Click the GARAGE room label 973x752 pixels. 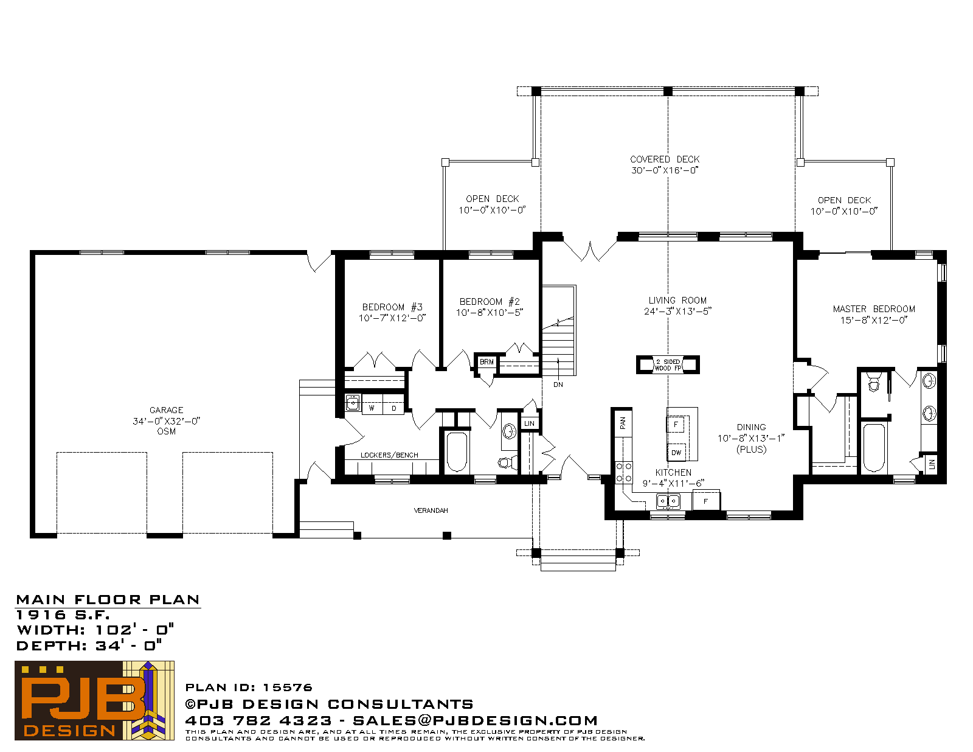point(166,410)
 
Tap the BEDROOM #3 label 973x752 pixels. point(392,307)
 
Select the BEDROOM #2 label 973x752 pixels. point(490,302)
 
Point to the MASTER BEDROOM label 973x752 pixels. point(874,309)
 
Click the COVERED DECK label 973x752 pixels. point(665,159)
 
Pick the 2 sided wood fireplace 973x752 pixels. point(668,364)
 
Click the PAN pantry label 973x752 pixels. point(622,423)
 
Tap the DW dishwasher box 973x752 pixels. point(676,453)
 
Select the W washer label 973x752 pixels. point(371,408)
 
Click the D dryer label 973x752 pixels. point(394,408)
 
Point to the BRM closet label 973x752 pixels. point(486,362)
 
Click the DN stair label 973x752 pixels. point(558,385)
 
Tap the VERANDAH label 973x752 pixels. point(431,510)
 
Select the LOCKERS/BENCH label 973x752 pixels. point(389,455)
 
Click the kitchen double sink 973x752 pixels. point(668,501)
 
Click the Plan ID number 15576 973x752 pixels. point(288,688)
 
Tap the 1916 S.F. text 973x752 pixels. point(63,614)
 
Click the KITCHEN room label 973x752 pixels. point(673,473)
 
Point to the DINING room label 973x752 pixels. point(752,427)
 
